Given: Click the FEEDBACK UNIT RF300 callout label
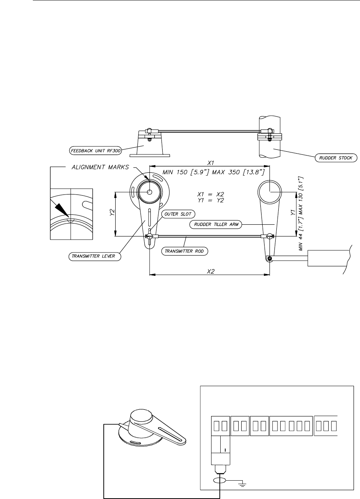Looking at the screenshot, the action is tap(95, 151).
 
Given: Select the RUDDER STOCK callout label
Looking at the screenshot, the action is tap(336, 158).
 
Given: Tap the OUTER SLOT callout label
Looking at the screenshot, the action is tap(178, 214).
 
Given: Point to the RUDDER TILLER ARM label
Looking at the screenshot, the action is tap(216, 224).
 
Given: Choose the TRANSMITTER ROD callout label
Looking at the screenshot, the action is tap(184, 251).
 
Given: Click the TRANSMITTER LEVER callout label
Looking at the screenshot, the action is tap(95, 256).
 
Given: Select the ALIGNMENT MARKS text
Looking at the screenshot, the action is tap(100, 167).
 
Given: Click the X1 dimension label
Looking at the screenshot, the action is tap(211, 163).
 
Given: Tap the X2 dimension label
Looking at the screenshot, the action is tap(211, 271).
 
